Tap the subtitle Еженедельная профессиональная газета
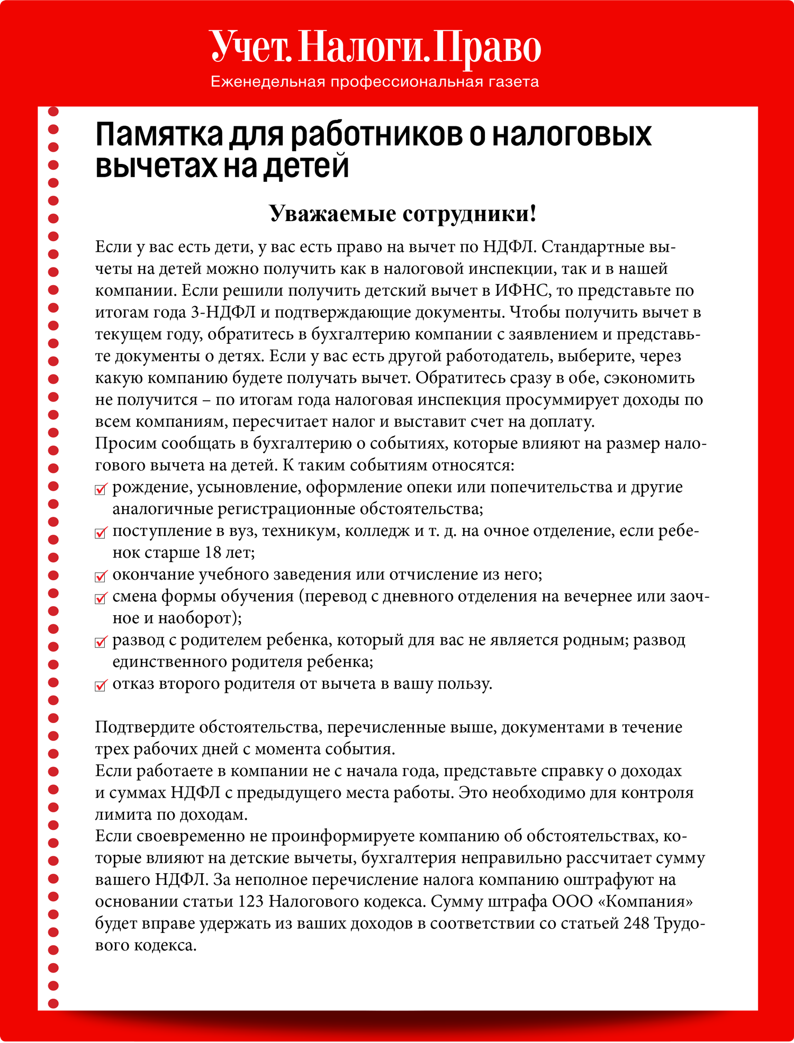pos(375,82)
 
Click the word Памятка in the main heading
pos(159,135)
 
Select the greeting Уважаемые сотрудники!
pos(403,214)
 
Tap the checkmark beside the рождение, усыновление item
pos(101,489)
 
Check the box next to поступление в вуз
pos(101,533)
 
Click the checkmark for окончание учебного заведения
pos(101,576)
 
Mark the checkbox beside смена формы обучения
pos(101,598)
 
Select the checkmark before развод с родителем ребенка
pos(101,642)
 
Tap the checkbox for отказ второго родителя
pos(101,685)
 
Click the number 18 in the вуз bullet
pos(212,553)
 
